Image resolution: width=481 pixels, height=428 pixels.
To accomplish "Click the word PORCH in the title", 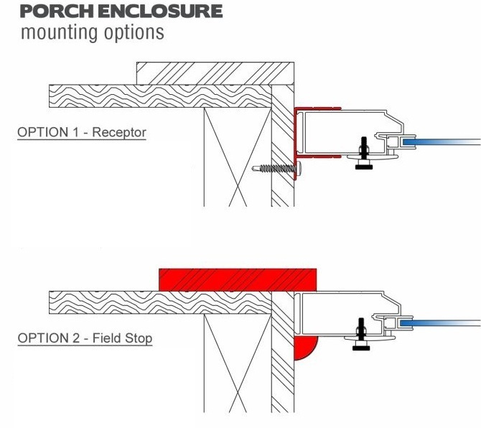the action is tap(57, 11).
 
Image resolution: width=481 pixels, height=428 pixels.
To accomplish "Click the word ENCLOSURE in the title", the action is tap(160, 11).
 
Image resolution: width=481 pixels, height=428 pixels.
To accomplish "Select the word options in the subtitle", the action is tap(134, 32).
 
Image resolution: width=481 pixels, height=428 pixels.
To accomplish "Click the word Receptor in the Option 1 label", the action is tap(119, 133).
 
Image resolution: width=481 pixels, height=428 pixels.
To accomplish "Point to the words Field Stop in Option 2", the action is tap(122, 338).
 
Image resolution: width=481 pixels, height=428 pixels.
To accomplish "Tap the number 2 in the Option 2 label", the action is tap(76, 338).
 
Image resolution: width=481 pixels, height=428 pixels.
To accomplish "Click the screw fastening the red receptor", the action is tap(276, 168).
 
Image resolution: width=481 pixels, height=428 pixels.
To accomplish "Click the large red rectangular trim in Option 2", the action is tap(238, 280).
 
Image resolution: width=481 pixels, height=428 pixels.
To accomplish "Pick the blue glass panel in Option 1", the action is tap(441, 141).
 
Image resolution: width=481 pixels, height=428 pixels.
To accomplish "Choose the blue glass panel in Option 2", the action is tap(440, 323).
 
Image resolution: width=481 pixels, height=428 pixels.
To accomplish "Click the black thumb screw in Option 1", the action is tap(364, 154).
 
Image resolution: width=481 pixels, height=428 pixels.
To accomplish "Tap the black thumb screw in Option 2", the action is tap(361, 334).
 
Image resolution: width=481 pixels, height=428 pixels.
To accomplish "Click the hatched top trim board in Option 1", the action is tap(215, 73).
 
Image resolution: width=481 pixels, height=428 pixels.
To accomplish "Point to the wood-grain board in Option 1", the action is tap(160, 96).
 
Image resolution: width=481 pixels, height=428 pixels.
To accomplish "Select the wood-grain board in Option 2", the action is tap(160, 302).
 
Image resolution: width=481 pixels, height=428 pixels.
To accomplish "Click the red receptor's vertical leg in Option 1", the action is tap(296, 144).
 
